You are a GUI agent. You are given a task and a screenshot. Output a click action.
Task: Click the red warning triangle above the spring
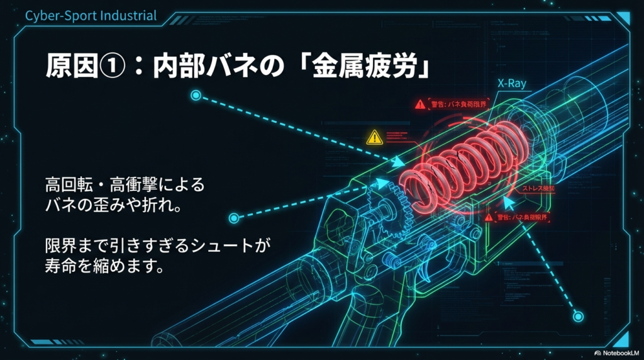420,104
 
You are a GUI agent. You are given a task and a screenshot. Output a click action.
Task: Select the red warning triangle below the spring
489,217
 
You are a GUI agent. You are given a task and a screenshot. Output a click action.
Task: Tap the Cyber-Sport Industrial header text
91,15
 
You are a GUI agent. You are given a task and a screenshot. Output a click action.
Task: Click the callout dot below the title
196,96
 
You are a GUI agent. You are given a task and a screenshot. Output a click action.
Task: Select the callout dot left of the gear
234,218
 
